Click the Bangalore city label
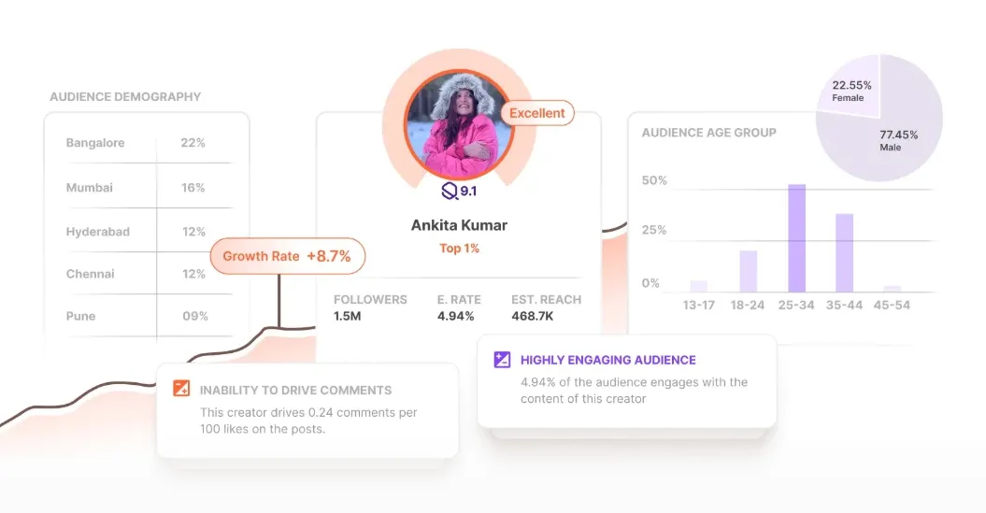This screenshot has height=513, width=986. click(x=95, y=143)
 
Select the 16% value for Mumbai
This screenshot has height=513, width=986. click(x=193, y=188)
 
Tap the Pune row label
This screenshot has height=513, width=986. click(x=80, y=316)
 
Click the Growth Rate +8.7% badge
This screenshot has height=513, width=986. click(x=287, y=256)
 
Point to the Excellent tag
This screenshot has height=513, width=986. click(x=537, y=113)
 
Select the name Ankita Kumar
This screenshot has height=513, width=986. click(x=458, y=225)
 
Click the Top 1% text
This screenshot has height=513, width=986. click(x=458, y=249)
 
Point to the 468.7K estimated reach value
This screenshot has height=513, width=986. click(x=534, y=317)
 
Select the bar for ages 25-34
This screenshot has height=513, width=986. click(x=796, y=238)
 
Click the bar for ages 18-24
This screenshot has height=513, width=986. click(x=748, y=271)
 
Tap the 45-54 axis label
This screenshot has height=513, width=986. click(x=892, y=305)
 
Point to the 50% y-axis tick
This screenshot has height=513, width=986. click(x=654, y=180)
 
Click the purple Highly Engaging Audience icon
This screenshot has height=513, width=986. click(x=502, y=360)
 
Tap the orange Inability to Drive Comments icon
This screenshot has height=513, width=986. click(x=181, y=390)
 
